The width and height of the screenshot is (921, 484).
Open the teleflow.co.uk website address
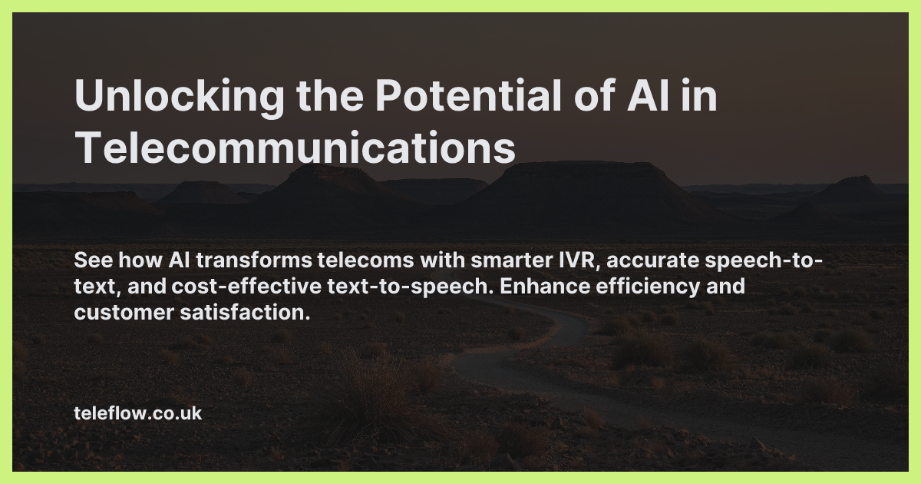(x=137, y=413)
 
